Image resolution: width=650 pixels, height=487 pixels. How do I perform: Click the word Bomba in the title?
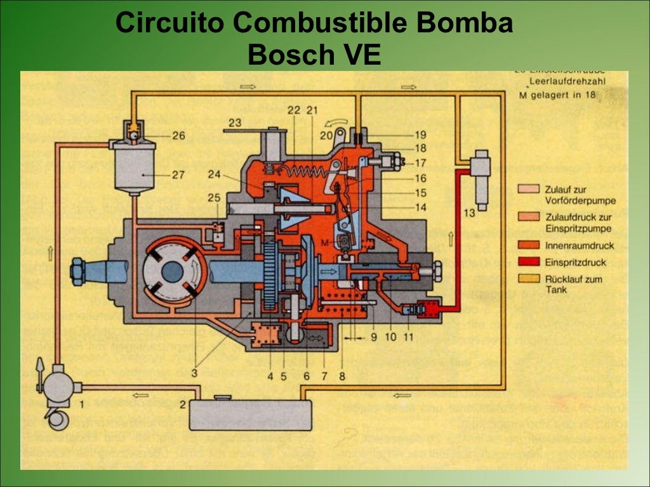click(465, 23)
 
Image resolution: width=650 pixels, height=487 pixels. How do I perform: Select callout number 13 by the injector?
click(469, 213)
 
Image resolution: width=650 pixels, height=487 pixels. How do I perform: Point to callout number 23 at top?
click(235, 122)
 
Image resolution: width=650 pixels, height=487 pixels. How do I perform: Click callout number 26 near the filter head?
click(178, 135)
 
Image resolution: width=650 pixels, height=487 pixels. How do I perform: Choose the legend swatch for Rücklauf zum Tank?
click(532, 278)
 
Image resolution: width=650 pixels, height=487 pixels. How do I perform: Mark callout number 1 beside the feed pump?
click(81, 403)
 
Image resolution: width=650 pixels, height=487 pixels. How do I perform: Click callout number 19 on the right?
click(420, 134)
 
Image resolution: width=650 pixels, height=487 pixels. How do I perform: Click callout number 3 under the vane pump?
click(194, 374)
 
